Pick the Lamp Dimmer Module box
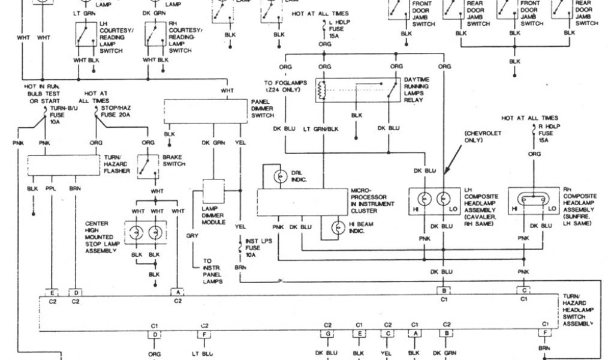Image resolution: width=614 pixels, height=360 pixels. click(x=213, y=191)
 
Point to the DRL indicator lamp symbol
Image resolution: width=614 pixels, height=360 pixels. click(x=279, y=176)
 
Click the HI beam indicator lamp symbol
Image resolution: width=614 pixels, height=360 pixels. click(x=341, y=228)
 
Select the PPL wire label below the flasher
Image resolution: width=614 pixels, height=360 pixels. click(x=51, y=188)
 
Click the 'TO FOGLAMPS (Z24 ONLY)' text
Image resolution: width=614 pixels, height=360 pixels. click(x=285, y=87)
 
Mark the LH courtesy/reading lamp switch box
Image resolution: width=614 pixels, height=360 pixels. click(x=88, y=35)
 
